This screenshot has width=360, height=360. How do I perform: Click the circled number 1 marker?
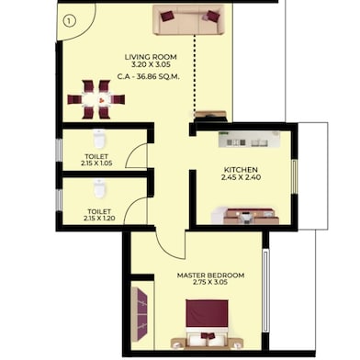[69, 19]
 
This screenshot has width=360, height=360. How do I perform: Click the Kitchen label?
[241, 170]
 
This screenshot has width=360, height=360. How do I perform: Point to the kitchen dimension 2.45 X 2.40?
[241, 180]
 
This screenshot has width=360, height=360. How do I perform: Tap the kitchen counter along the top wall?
[248, 140]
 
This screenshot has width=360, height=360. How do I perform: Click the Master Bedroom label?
[211, 276]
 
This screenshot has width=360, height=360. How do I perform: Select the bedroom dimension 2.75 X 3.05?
[211, 285]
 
